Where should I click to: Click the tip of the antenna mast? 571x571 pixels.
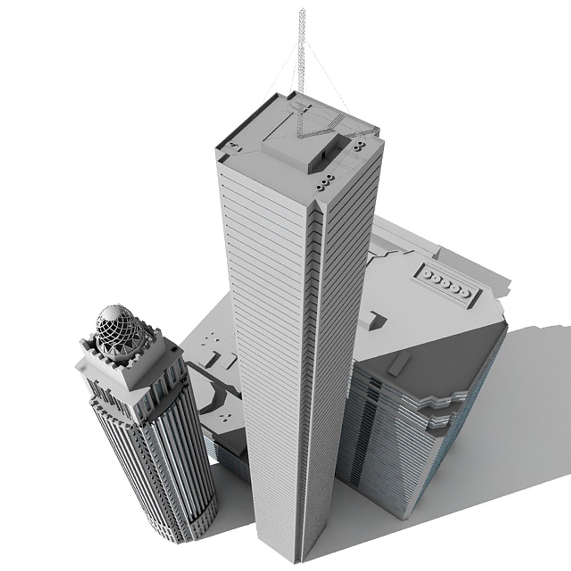click(x=302, y=10)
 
